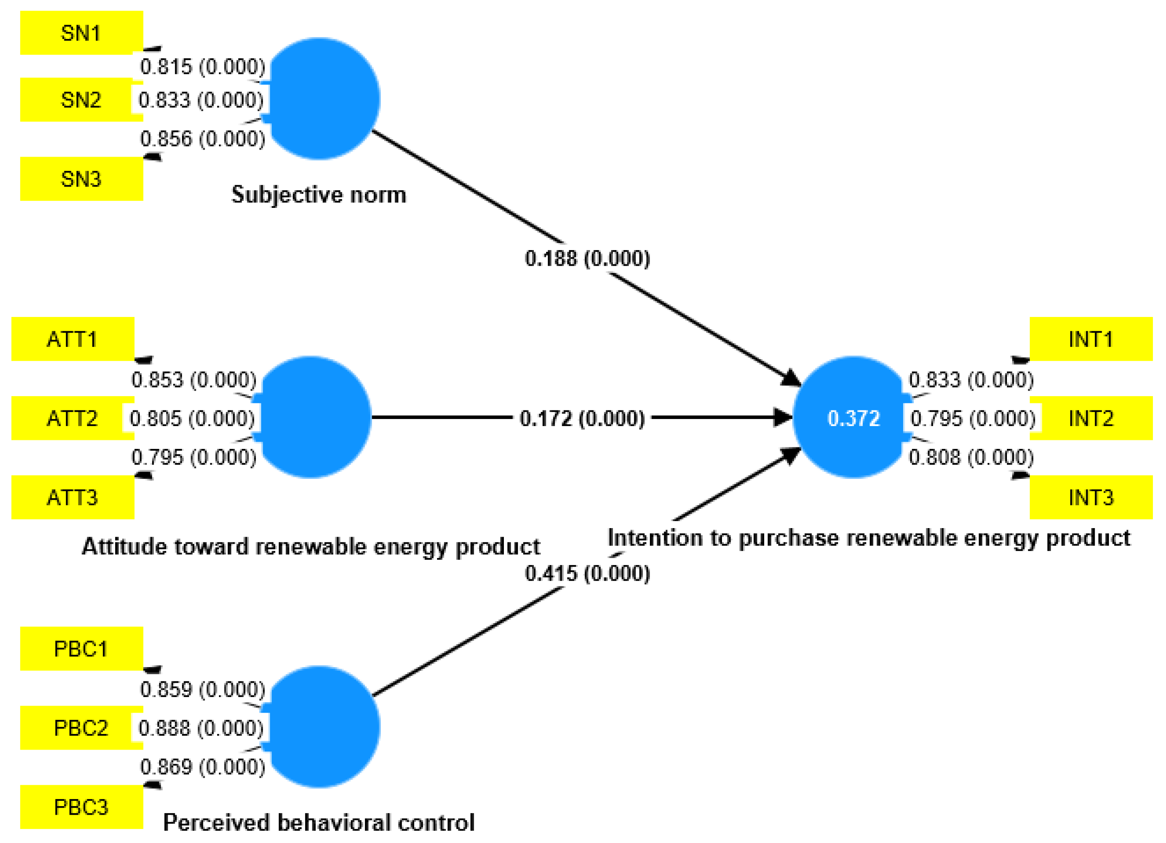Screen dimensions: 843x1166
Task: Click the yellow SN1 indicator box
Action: [81, 33]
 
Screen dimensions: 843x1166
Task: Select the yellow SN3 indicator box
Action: [81, 179]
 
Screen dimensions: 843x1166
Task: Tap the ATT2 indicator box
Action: [73, 418]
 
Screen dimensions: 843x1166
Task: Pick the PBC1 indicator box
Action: [81, 649]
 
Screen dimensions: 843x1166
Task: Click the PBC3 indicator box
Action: [81, 807]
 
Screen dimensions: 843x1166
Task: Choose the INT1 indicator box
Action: [1091, 339]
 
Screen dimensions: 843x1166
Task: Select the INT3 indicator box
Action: [1091, 497]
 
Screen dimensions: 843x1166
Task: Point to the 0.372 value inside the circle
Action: [854, 418]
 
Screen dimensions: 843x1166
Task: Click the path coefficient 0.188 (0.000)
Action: [587, 258]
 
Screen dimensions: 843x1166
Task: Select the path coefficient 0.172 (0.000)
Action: [582, 418]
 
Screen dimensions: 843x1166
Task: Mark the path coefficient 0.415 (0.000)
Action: [587, 573]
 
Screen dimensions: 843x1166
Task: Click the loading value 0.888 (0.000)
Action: [201, 728]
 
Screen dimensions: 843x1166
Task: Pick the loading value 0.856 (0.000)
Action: [203, 139]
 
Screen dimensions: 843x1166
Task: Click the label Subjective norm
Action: [319, 195]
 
